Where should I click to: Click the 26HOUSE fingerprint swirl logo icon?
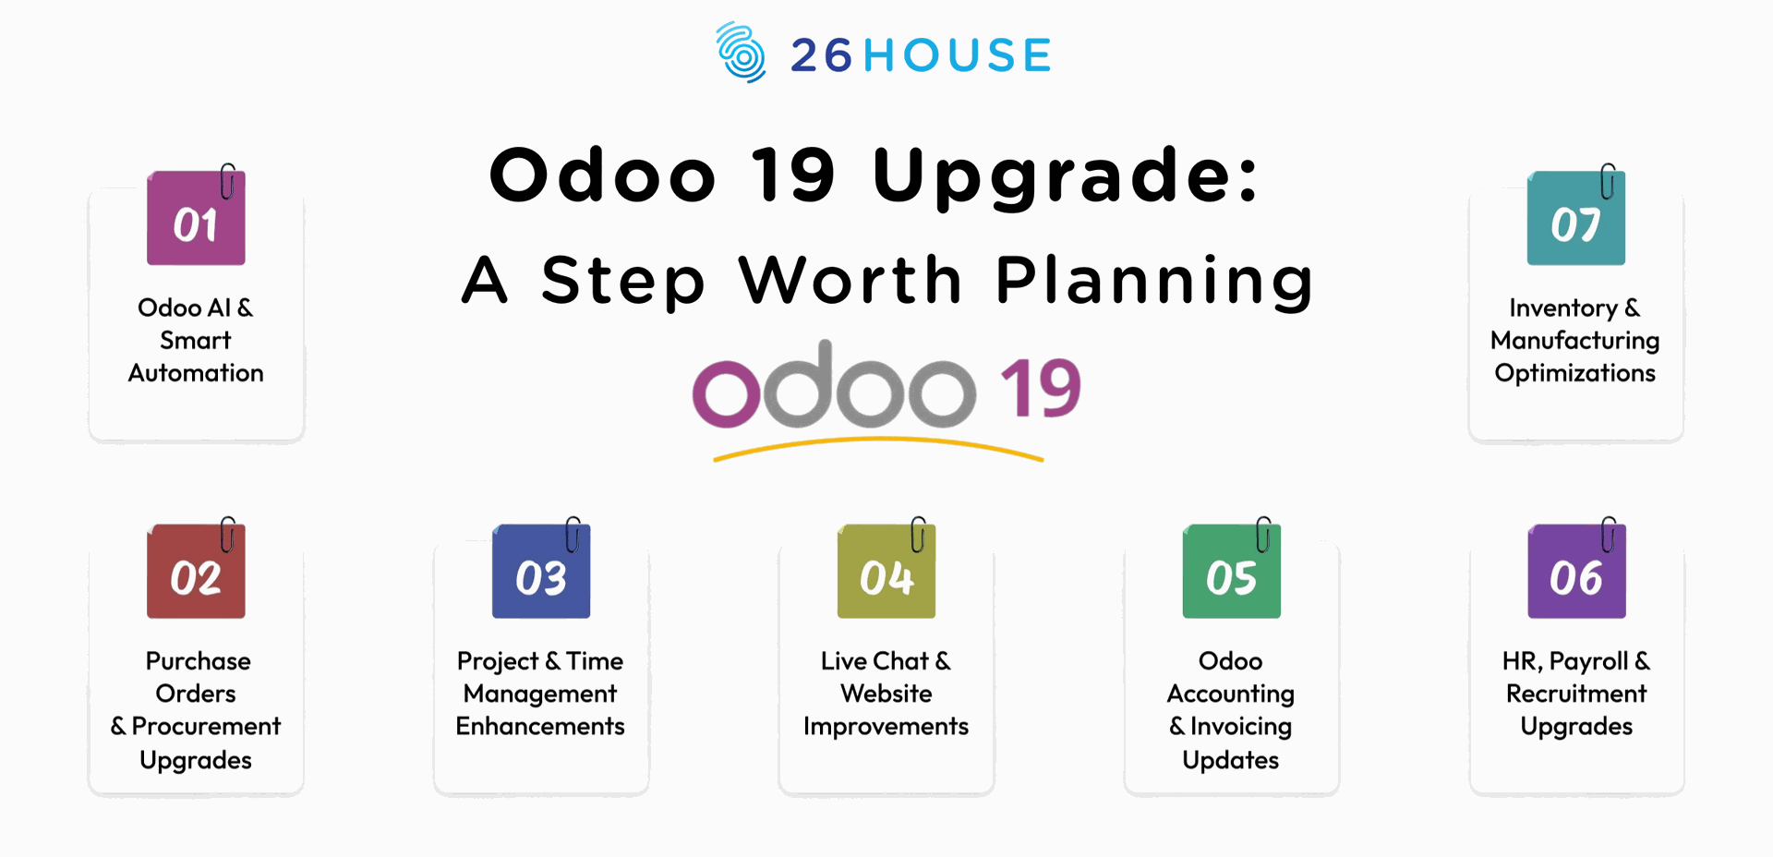pyautogui.click(x=741, y=53)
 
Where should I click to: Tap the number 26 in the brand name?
pyautogui.click(x=821, y=55)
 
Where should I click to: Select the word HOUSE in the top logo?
pyautogui.click(x=958, y=55)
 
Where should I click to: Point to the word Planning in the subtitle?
pyautogui.click(x=1154, y=282)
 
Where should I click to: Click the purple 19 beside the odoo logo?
pyautogui.click(x=1040, y=389)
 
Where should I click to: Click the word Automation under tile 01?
pyautogui.click(x=196, y=373)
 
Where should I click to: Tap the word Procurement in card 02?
pyautogui.click(x=206, y=727)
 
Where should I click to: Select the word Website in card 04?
pyautogui.click(x=886, y=694)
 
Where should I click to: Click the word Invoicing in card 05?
pyautogui.click(x=1240, y=727)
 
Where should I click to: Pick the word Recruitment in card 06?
pyautogui.click(x=1576, y=694)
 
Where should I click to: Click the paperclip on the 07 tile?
pyautogui.click(x=1608, y=182)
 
